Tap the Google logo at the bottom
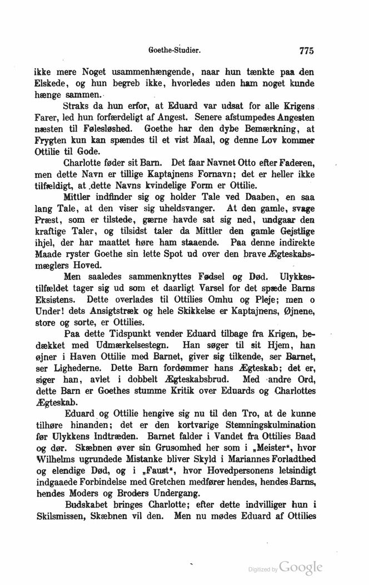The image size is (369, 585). click(301, 567)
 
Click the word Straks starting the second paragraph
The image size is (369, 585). click(77, 106)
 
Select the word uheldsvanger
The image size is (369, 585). click(183, 226)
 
